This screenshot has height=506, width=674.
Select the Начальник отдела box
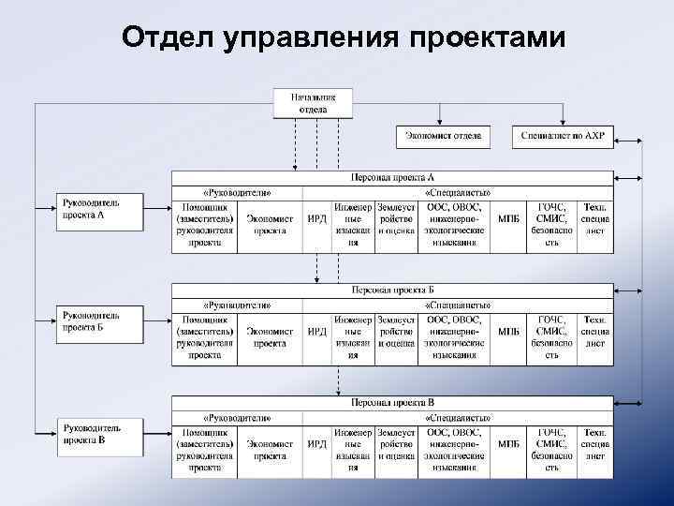tap(313, 103)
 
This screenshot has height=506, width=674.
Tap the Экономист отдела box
tap(443, 137)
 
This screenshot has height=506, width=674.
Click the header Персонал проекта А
tap(392, 177)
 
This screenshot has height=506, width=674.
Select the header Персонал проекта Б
tap(392, 290)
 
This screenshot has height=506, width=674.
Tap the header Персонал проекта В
tap(392, 402)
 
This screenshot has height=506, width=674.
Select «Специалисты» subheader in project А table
tap(458, 192)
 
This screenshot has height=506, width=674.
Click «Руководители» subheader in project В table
tap(237, 416)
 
